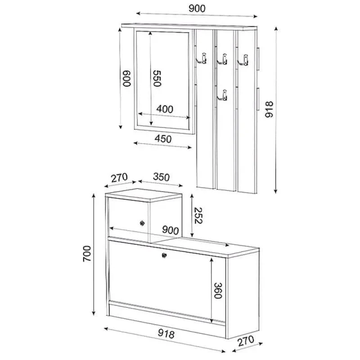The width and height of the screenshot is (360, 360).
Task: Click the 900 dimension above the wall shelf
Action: click(x=196, y=8)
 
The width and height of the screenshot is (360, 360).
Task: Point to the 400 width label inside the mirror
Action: click(x=165, y=109)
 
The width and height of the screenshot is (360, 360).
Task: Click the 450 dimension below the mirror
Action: click(x=163, y=139)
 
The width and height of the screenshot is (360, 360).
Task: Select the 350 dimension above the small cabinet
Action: click(x=161, y=177)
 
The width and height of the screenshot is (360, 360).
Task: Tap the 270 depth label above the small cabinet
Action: click(x=120, y=177)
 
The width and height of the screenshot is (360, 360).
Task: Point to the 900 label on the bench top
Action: click(x=171, y=230)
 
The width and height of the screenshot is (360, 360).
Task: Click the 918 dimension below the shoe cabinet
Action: click(x=165, y=334)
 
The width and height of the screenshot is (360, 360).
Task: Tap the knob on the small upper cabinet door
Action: click(x=142, y=223)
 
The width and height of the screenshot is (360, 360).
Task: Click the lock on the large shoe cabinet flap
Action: click(x=164, y=255)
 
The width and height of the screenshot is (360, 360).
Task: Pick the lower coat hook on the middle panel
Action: click(x=223, y=95)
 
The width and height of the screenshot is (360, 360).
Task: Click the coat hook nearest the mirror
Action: click(x=203, y=58)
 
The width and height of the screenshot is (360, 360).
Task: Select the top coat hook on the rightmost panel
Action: click(x=244, y=58)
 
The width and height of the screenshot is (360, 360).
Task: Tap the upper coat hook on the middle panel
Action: click(x=223, y=58)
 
